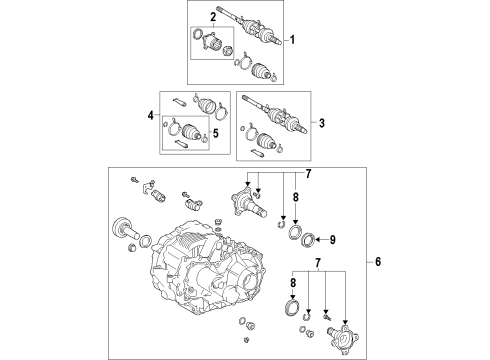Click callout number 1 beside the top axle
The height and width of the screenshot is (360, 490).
click(x=292, y=40)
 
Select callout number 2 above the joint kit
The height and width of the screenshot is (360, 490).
click(x=213, y=17)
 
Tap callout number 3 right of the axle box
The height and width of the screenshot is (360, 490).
click(x=321, y=123)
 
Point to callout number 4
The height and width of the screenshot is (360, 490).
click(x=151, y=116)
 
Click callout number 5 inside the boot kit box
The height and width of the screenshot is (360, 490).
click(x=216, y=134)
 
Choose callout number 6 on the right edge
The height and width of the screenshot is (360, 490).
click(x=378, y=262)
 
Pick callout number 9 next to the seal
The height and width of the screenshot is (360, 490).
click(x=332, y=240)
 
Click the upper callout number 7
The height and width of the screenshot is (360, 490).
click(x=308, y=174)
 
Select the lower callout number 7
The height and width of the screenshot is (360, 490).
click(x=318, y=263)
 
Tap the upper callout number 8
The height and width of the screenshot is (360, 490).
click(x=296, y=197)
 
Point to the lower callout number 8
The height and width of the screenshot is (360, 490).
click(x=293, y=283)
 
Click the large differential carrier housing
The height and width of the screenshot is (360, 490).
click(x=207, y=267)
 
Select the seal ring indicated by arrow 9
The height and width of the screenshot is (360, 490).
click(x=308, y=241)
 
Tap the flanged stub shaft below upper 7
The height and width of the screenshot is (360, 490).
click(x=247, y=203)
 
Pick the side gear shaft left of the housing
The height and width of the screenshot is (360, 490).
click(x=126, y=229)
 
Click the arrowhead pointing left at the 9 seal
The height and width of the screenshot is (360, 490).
click(x=317, y=240)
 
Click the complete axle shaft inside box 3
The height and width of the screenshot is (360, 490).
click(x=274, y=115)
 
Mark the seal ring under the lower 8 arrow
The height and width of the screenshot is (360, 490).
click(x=292, y=307)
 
